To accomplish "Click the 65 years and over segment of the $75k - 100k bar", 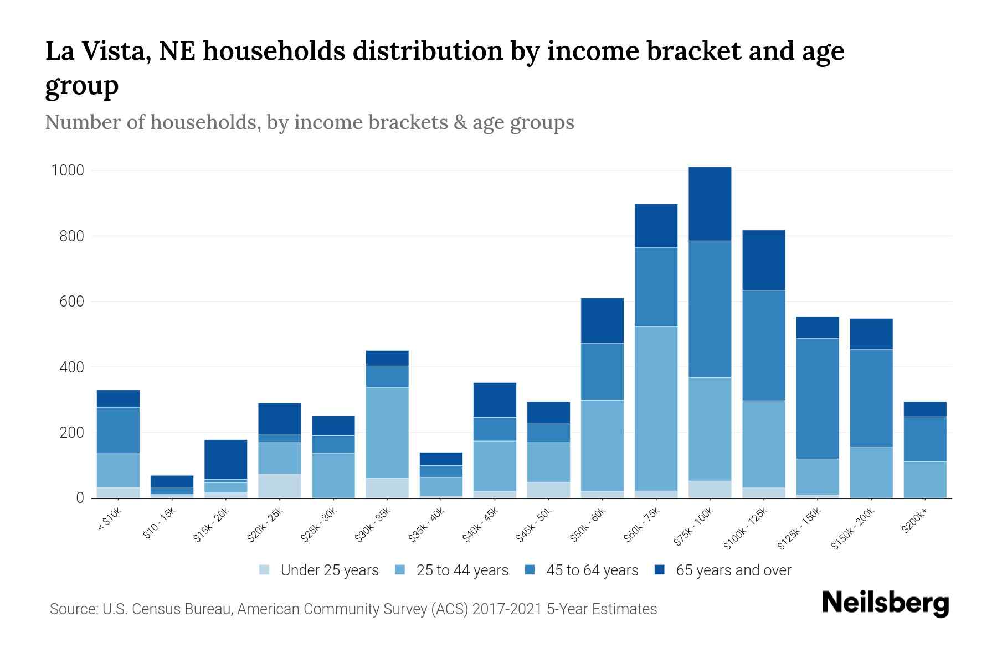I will point(710,204).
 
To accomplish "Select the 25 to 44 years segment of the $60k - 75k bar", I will point(656,408).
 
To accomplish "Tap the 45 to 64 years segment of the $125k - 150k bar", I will point(817,398).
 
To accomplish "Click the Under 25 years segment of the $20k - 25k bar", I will point(279,486).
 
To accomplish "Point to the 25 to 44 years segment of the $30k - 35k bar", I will point(387,432).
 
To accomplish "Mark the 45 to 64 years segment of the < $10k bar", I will point(118,430).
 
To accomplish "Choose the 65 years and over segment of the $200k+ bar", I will point(924,409).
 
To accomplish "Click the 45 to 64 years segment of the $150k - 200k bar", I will point(871,398).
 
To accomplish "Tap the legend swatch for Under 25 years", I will point(264,569).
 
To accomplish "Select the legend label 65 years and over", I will point(733,570).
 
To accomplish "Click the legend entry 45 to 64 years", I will point(592,570).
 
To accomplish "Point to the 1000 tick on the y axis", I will point(68,170).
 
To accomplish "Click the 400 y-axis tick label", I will point(71,367).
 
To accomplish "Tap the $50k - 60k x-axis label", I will point(589,525).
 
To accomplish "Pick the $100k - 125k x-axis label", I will point(746,529).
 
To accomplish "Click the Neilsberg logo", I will point(885,604).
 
